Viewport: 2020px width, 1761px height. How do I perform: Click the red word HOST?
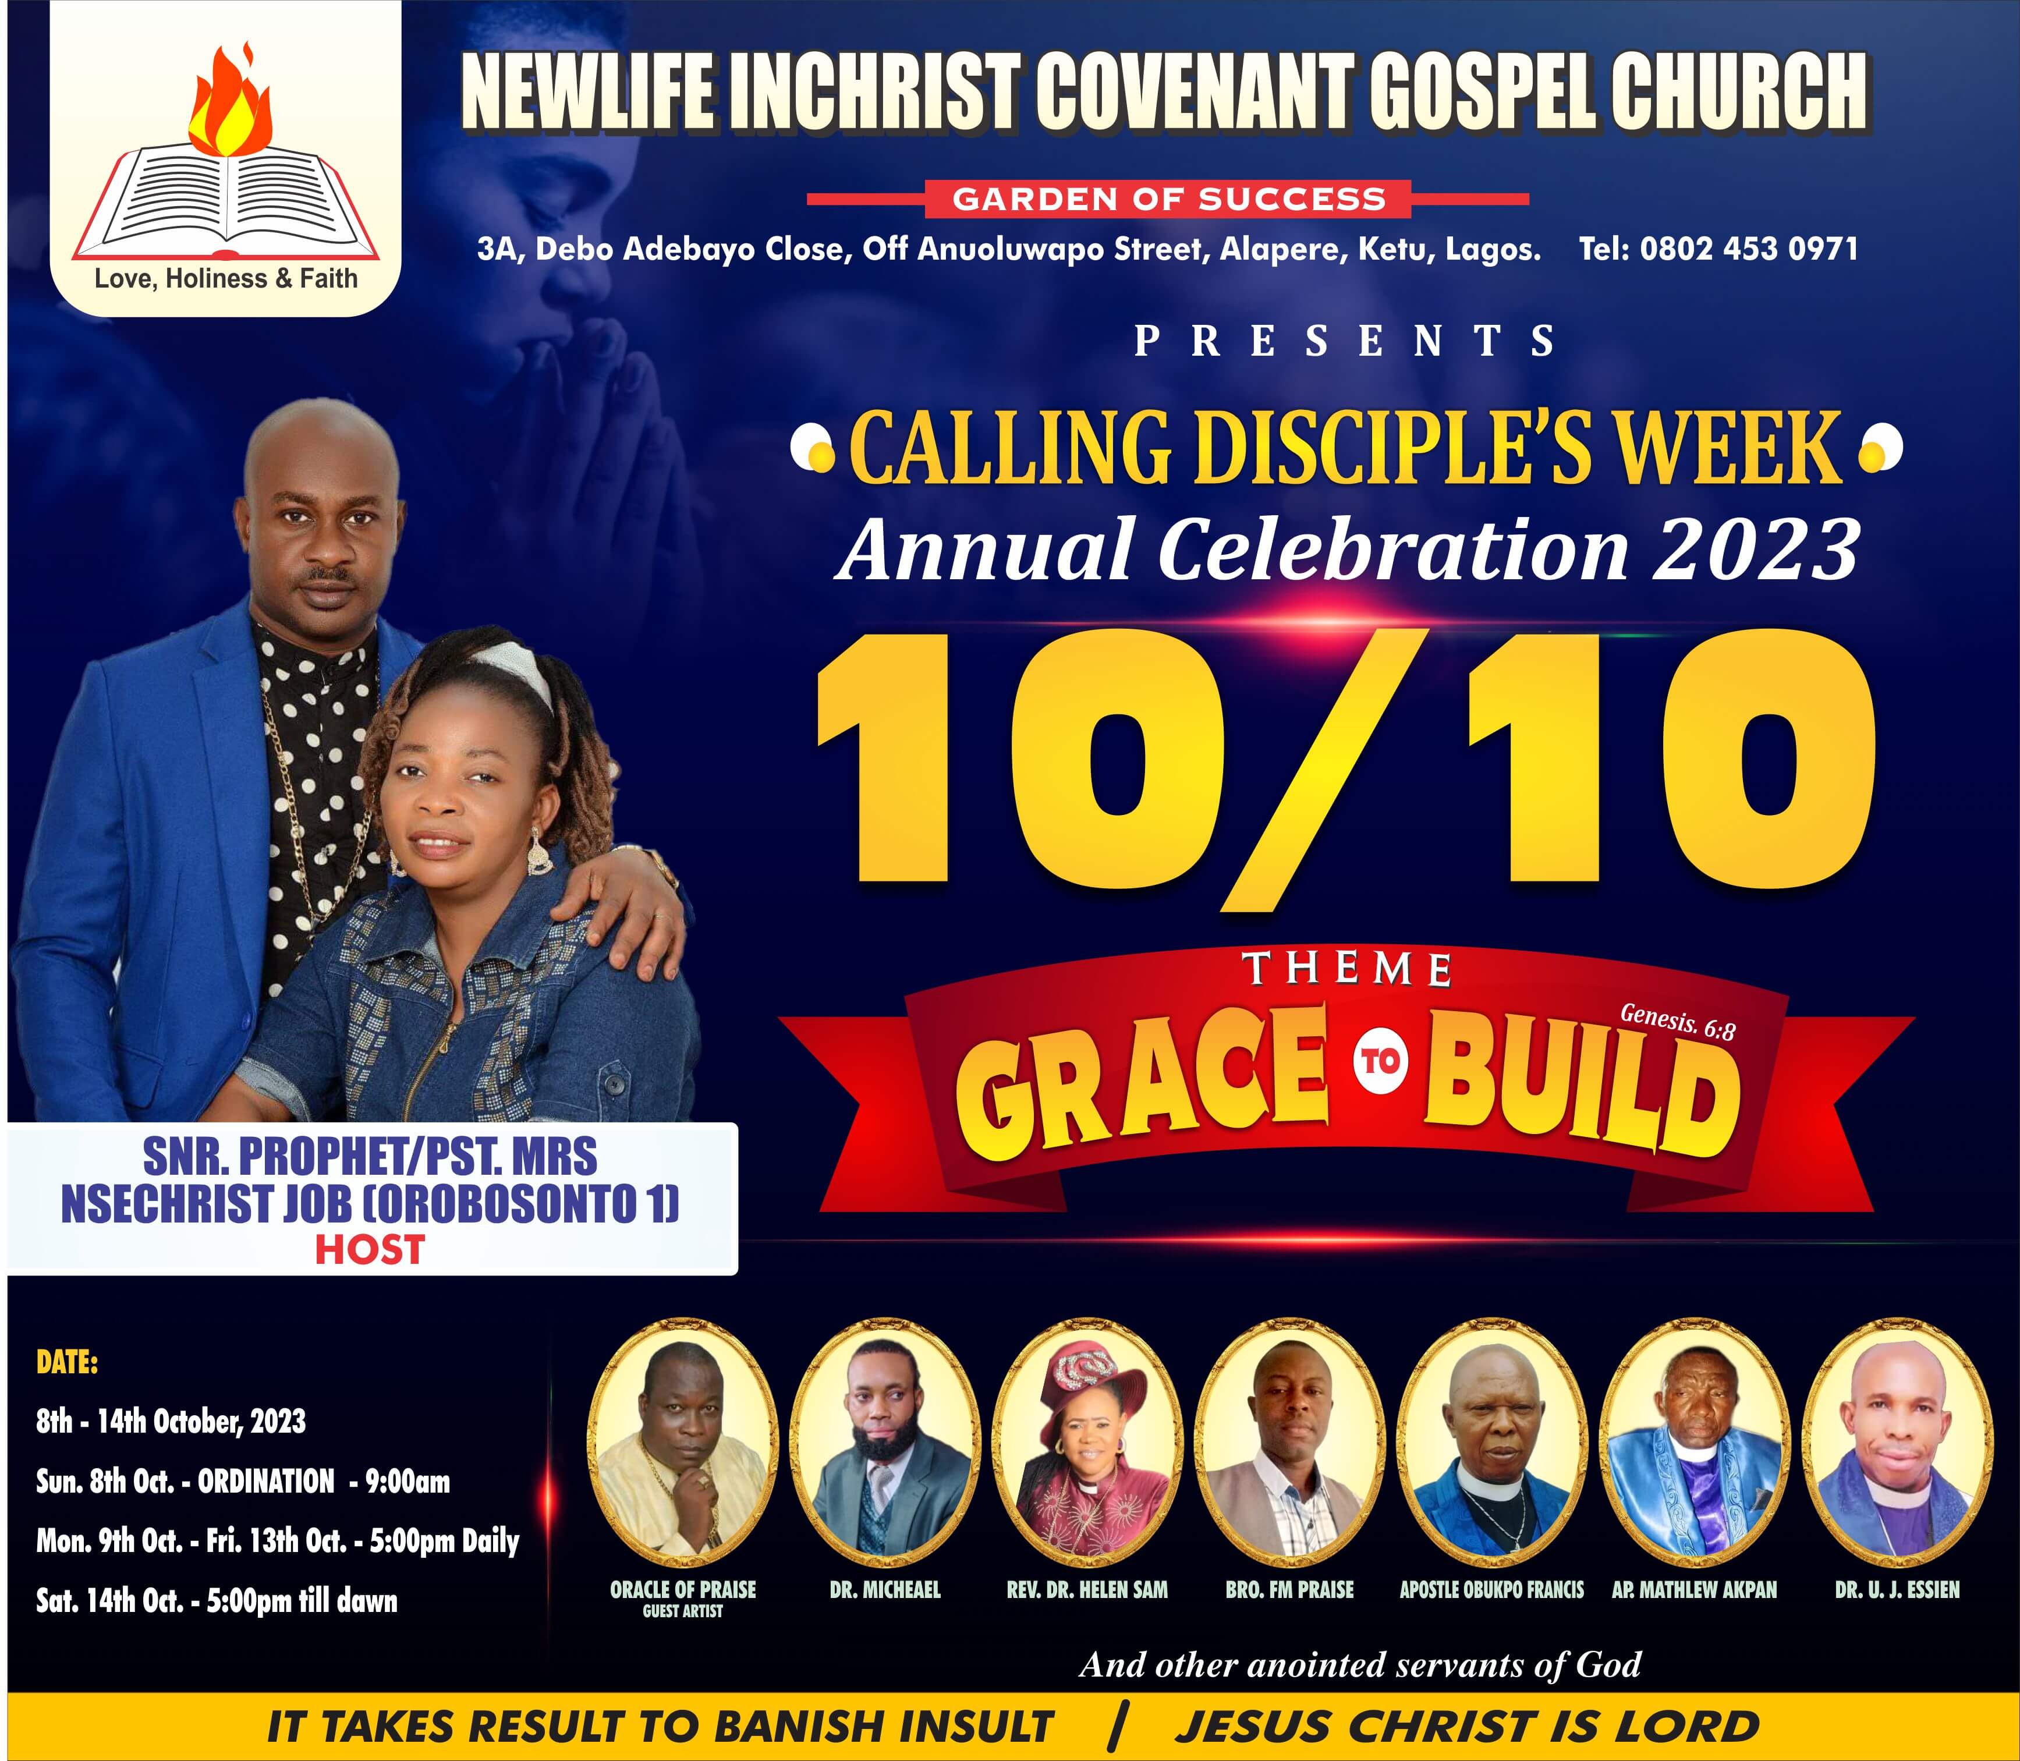[x=370, y=1250]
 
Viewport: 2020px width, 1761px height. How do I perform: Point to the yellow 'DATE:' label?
[x=67, y=1363]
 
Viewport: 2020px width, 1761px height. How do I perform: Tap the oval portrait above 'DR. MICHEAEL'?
[x=885, y=1444]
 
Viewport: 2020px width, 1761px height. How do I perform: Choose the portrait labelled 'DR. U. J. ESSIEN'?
[x=1898, y=1444]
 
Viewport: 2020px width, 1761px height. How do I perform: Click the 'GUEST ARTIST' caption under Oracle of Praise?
[x=683, y=1611]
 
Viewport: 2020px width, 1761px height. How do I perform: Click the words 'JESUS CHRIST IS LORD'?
[x=1467, y=1727]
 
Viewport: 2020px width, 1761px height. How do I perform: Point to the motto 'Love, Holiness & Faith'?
[x=226, y=279]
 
